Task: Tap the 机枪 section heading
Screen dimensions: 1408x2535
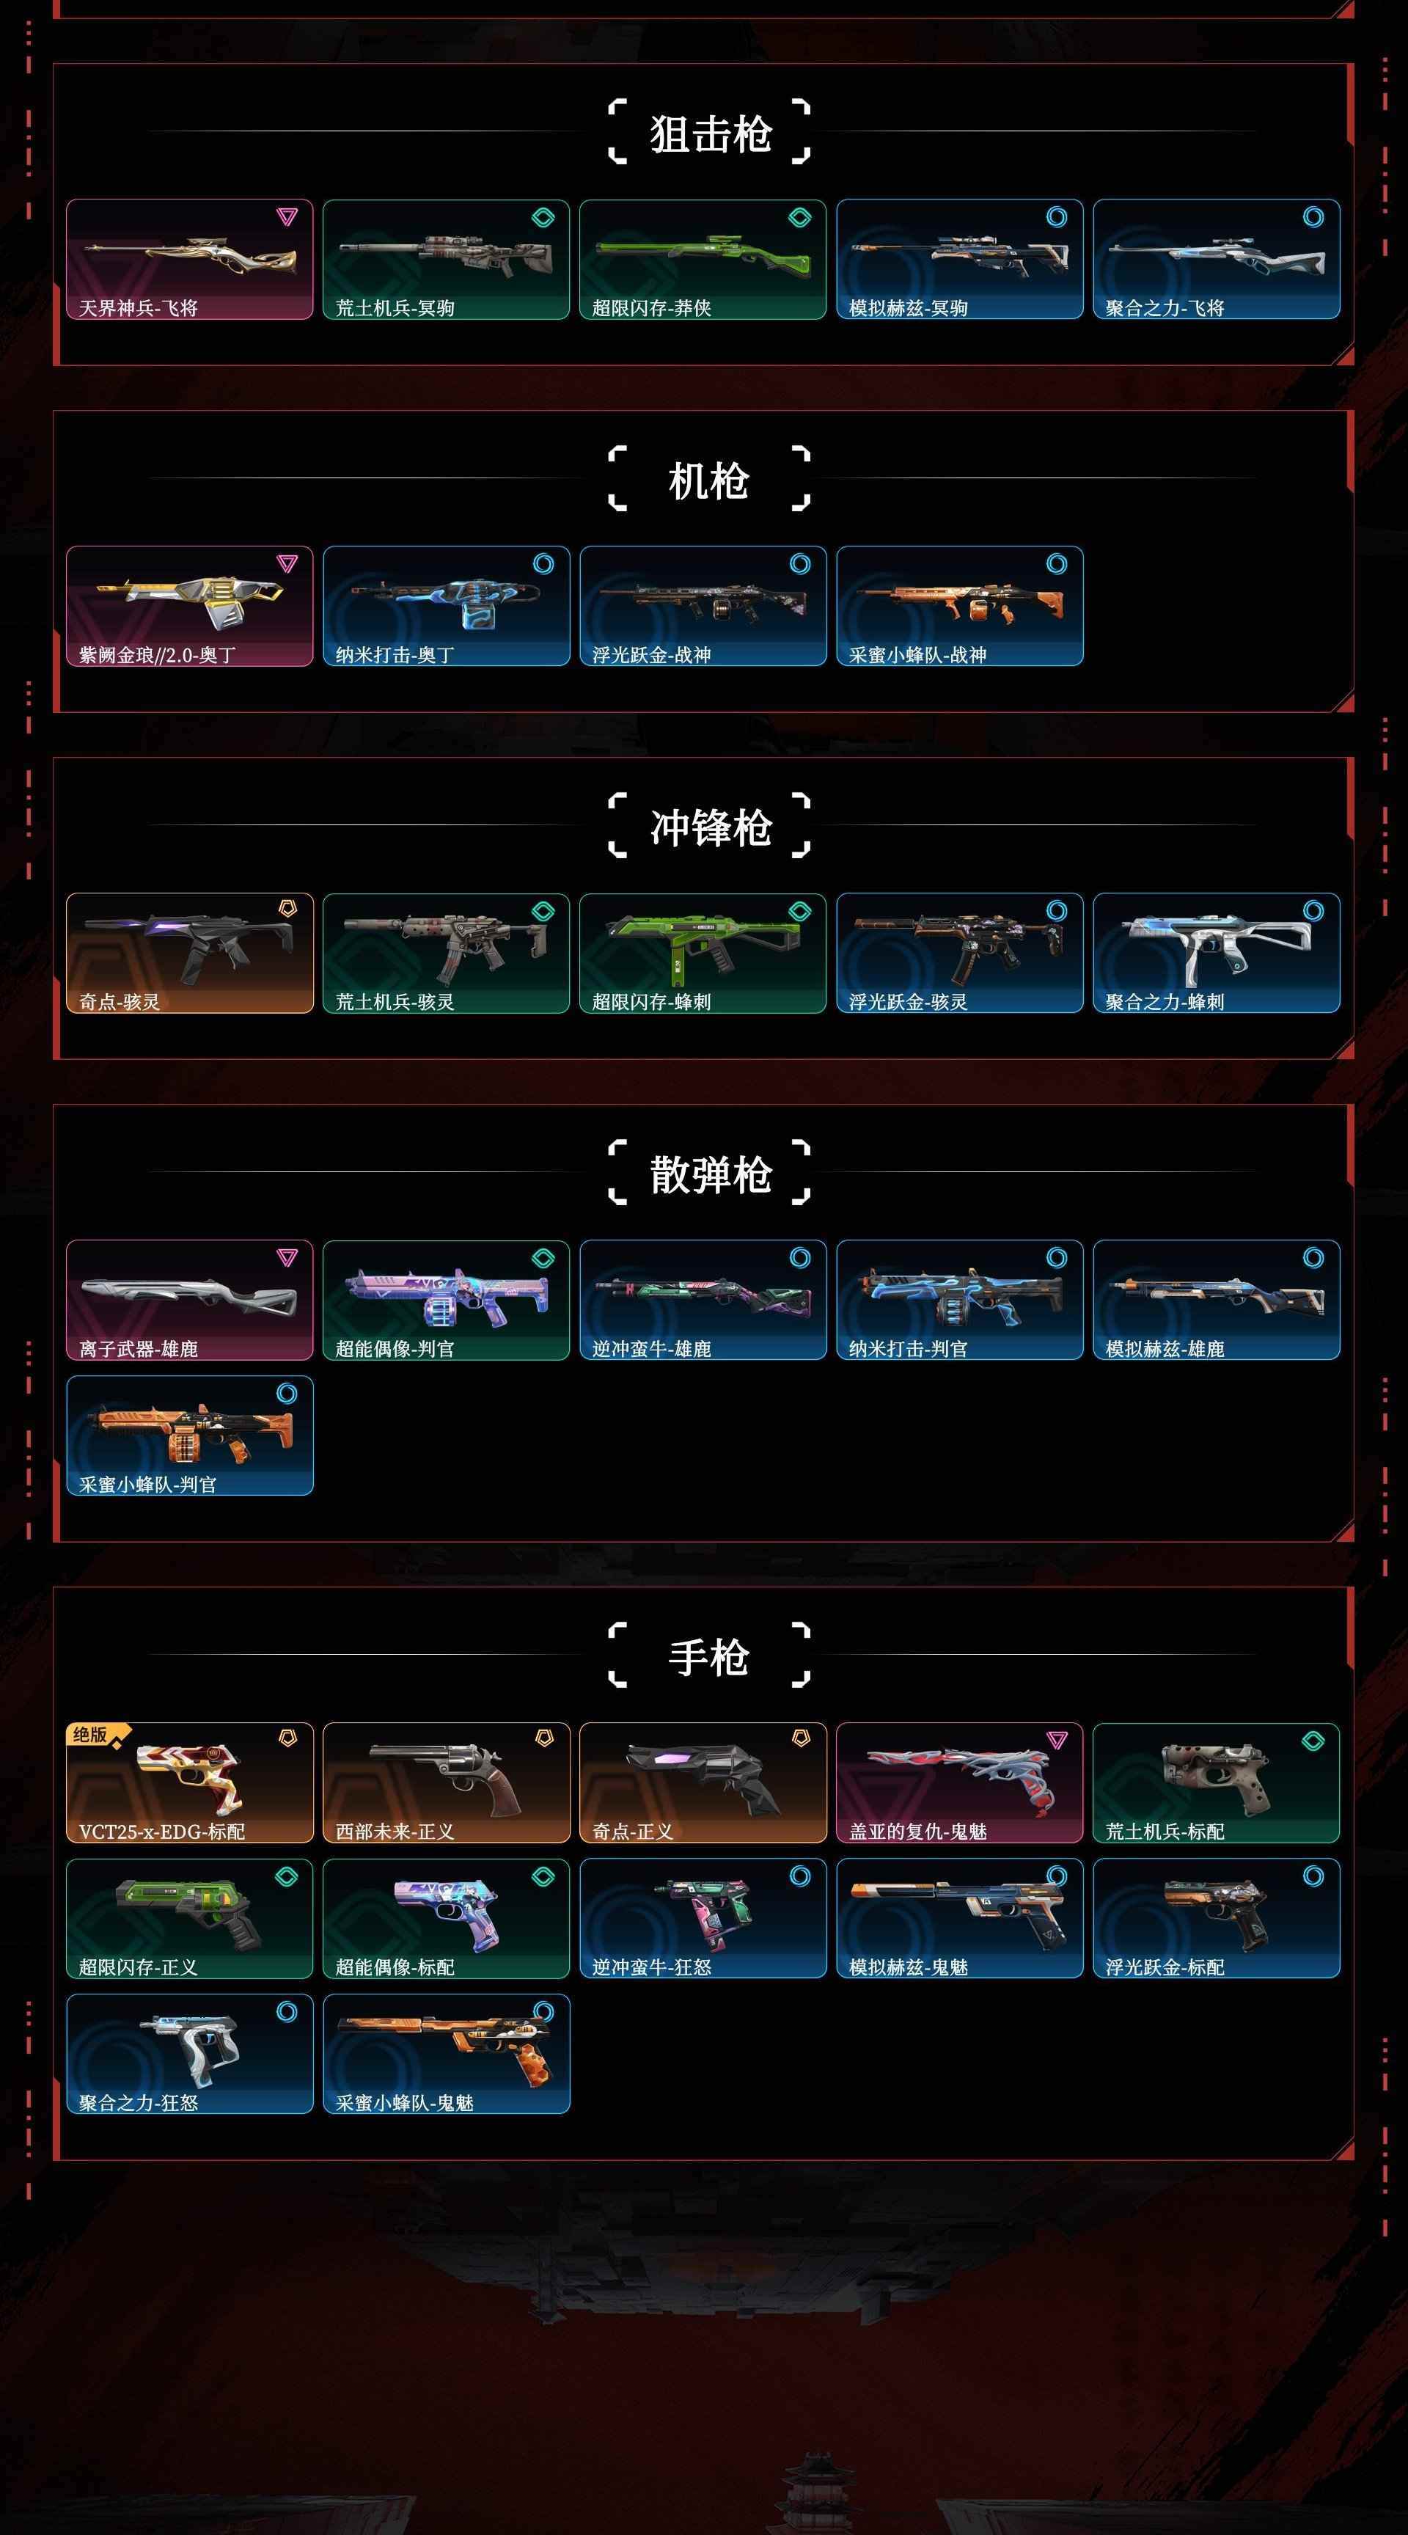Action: pyautogui.click(x=708, y=480)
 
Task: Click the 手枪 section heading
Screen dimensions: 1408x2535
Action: pyautogui.click(x=708, y=1656)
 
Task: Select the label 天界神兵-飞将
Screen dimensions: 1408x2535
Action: pyautogui.click(x=138, y=308)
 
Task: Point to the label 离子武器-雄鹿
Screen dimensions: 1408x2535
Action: pyautogui.click(x=138, y=1349)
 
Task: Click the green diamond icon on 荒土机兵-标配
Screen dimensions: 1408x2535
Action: pyautogui.click(x=1313, y=1741)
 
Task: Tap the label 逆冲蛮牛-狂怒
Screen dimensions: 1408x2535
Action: pyautogui.click(x=651, y=1967)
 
